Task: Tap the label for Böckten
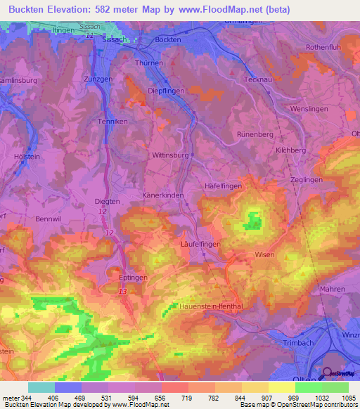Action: pos(168,40)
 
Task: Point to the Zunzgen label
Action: pos(98,79)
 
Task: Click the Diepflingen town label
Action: pos(167,91)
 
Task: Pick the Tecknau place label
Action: pos(259,79)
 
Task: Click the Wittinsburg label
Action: pos(171,155)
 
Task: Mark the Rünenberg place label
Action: pos(255,134)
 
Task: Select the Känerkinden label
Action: pos(163,194)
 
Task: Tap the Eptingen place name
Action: pos(133,278)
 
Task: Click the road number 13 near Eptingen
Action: pos(123,291)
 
